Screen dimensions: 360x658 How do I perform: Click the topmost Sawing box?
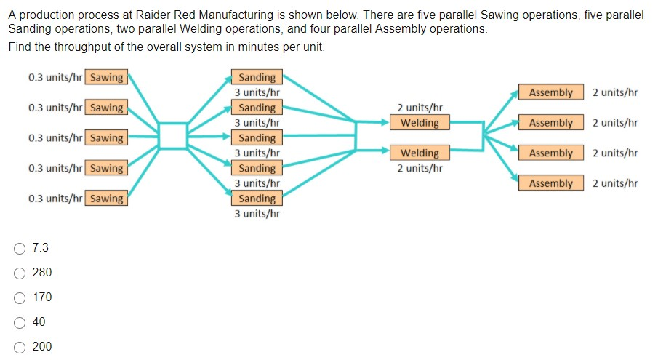(x=106, y=78)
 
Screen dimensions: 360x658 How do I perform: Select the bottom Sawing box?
(x=106, y=199)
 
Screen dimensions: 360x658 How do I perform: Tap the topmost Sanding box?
(x=257, y=78)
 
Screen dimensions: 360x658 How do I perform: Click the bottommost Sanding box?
(x=257, y=199)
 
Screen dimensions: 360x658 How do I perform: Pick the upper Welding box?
(x=420, y=123)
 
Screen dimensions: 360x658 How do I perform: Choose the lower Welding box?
(x=420, y=153)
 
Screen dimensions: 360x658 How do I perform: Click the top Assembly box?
(x=550, y=92)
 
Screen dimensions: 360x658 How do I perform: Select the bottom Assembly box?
(x=550, y=183)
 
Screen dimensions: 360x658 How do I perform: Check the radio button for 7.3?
(x=20, y=248)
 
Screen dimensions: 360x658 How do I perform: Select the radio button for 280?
(x=20, y=273)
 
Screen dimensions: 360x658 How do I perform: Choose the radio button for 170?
(x=20, y=297)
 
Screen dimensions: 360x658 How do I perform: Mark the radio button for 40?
(x=20, y=322)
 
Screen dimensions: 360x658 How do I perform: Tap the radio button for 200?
(x=20, y=347)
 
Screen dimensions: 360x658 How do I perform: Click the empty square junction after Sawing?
(x=172, y=135)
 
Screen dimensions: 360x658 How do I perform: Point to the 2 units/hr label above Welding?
(x=420, y=108)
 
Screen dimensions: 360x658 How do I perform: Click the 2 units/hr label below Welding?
(x=420, y=169)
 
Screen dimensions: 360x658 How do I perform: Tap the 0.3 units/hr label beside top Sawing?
(x=55, y=78)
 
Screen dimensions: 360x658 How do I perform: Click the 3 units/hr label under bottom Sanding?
(x=257, y=214)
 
